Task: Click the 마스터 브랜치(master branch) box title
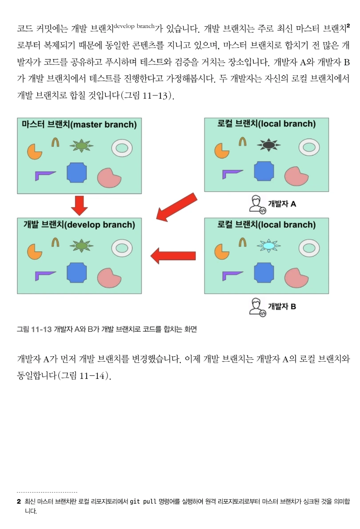click(x=79, y=125)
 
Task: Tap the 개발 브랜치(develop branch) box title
click(x=79, y=225)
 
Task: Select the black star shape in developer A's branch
click(x=268, y=144)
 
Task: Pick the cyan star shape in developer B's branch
click(x=268, y=245)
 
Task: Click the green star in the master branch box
click(x=80, y=145)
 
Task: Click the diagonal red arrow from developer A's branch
click(x=176, y=207)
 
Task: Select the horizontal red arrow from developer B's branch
click(x=173, y=255)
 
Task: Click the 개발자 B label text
click(x=282, y=306)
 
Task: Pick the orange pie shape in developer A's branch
click(x=220, y=150)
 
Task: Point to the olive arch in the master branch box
click(x=55, y=142)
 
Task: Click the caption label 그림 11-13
click(x=34, y=329)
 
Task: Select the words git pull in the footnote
click(x=143, y=501)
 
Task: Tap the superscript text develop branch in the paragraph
click(x=134, y=26)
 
